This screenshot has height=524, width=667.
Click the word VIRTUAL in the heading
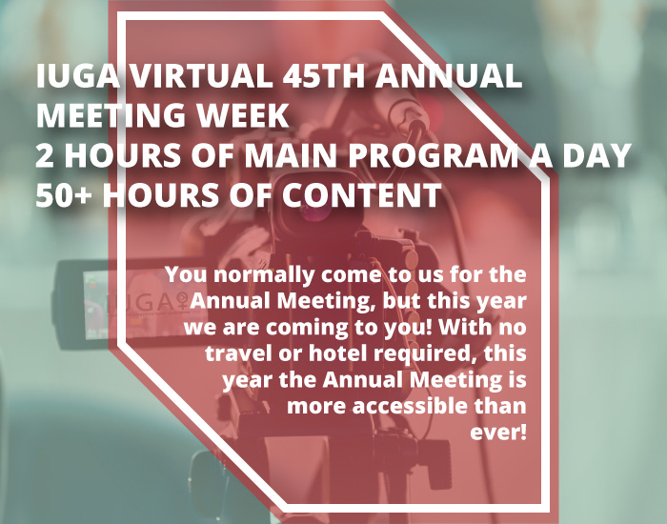coord(200,75)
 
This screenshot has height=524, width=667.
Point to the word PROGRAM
coord(430,154)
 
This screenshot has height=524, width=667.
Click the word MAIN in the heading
coord(291,154)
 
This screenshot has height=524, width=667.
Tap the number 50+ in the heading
coord(64,194)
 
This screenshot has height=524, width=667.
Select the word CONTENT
coord(361,194)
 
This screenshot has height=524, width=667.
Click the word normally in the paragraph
coord(264,275)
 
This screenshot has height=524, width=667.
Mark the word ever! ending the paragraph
coord(498,433)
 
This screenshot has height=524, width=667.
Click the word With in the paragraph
coord(462,327)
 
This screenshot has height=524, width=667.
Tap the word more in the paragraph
coord(317,407)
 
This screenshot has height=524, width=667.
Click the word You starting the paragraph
coord(187,274)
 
